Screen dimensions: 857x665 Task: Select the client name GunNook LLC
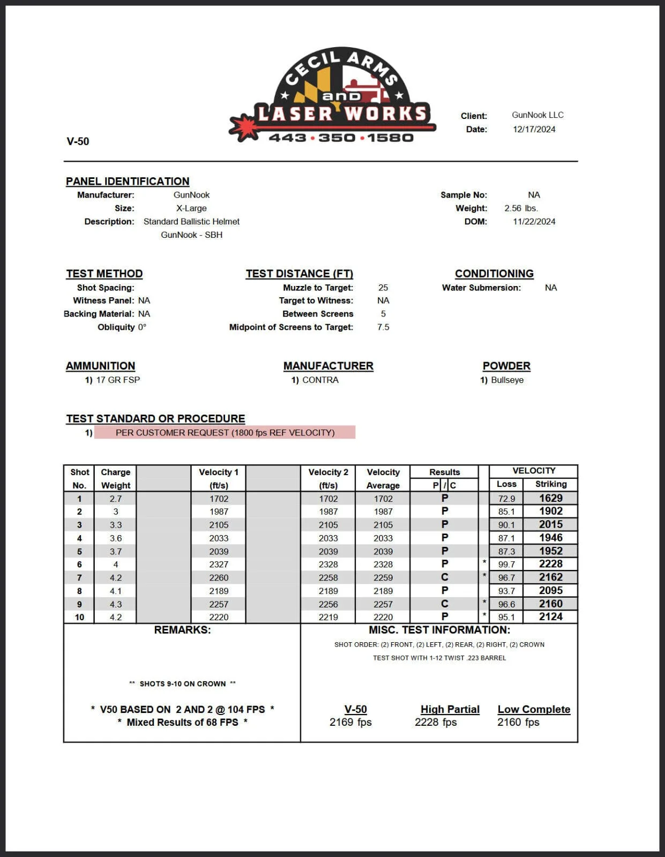pos(537,115)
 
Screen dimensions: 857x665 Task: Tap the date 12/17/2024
pos(534,129)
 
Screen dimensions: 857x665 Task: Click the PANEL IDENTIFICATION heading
pos(128,182)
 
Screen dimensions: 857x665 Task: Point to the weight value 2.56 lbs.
pos(521,208)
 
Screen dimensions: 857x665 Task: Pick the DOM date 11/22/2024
pos(534,222)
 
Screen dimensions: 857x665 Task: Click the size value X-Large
pos(191,208)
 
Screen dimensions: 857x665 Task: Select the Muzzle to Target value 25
pos(383,288)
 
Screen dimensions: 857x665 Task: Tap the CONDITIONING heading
pos(494,274)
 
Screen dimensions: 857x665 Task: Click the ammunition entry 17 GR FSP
pos(118,380)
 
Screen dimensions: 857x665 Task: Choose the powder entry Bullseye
pos(507,380)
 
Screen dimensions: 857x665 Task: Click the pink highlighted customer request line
pos(225,432)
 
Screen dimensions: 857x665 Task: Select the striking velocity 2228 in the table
pos(550,564)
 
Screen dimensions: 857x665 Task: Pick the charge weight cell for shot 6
pos(116,565)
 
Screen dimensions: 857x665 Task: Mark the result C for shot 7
pos(444,577)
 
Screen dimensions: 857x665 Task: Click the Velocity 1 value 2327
pos(219,565)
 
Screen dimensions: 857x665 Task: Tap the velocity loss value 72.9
pos(506,499)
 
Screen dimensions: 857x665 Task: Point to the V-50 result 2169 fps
pos(350,722)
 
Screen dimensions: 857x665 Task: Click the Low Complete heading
pos(534,709)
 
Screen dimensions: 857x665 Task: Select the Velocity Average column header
pos(383,478)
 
